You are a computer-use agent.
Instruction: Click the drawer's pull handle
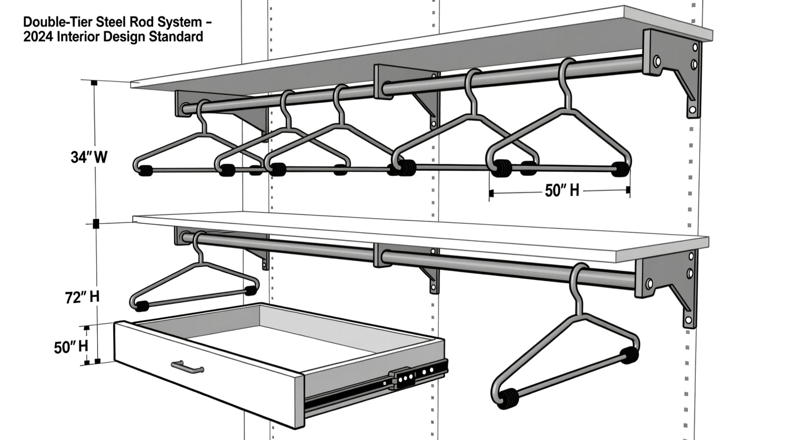tap(187, 367)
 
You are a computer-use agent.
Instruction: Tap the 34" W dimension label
tap(89, 157)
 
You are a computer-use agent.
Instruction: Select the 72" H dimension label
tap(82, 297)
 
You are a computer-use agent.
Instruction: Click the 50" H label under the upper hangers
tap(562, 190)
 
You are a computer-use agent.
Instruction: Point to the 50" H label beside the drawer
tap(71, 347)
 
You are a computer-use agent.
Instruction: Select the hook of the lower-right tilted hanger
tap(577, 281)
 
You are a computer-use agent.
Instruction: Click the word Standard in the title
tap(179, 37)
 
